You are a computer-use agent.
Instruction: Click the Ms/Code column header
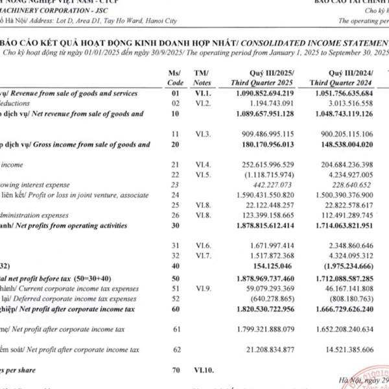[x=175, y=78]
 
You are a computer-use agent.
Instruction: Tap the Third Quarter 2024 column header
[x=342, y=78]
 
